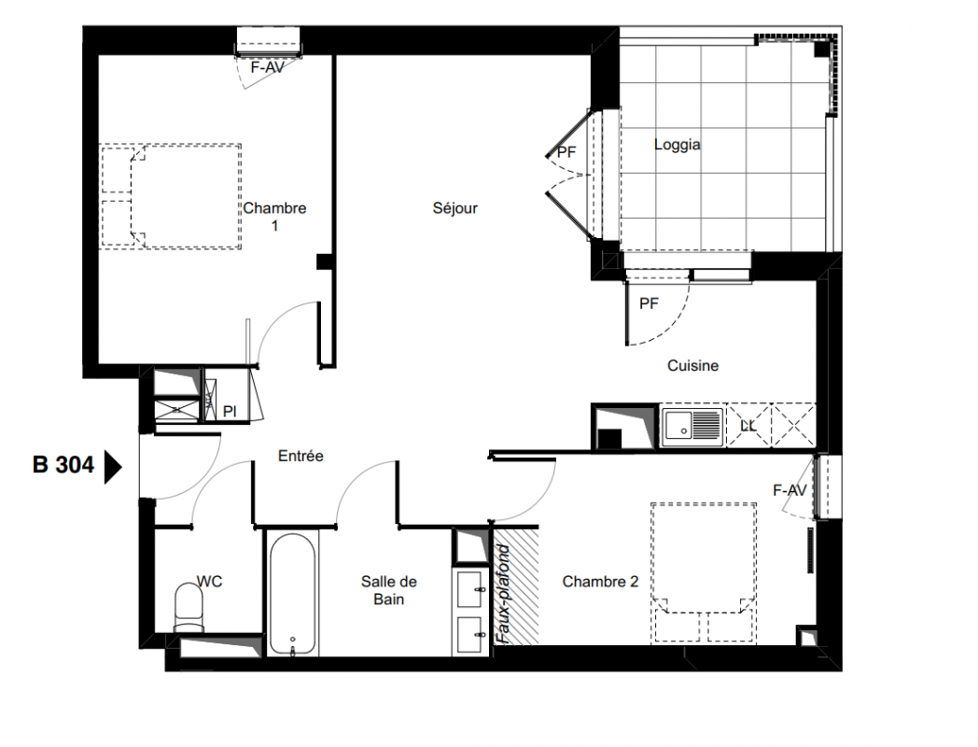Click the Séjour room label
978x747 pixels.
point(454,208)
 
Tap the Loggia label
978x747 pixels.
point(677,145)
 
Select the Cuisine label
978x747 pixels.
point(692,366)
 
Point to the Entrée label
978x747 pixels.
point(300,457)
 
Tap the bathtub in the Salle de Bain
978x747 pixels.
point(292,594)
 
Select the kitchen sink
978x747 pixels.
point(692,428)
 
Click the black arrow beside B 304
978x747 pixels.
point(112,467)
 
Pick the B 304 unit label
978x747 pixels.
point(63,465)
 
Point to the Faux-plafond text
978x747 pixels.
point(504,594)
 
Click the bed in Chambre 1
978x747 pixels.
point(170,197)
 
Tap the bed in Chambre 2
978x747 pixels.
point(704,572)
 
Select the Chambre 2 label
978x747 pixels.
point(600,582)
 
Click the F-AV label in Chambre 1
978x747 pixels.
point(267,67)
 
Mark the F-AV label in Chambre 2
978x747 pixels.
point(789,490)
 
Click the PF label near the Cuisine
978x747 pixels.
point(649,303)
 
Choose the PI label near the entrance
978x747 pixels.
point(230,411)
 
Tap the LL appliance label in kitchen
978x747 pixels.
point(747,426)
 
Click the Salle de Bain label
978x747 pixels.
point(388,590)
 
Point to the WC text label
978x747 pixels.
point(210,582)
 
